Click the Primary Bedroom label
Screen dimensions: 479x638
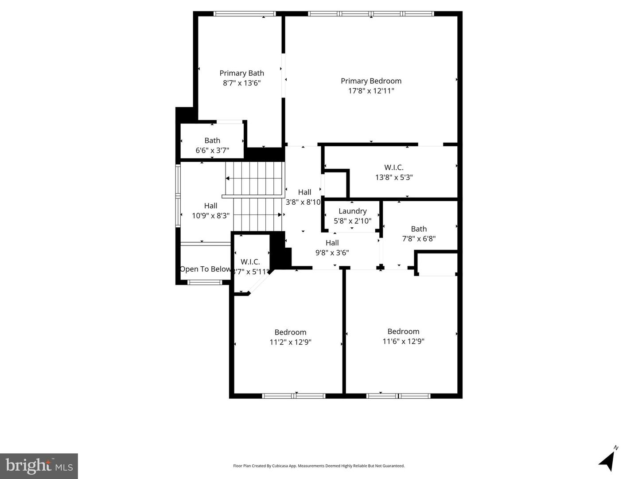pos(371,81)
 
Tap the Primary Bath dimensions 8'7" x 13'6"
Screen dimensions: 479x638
pos(241,83)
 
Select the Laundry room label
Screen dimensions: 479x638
pos(352,211)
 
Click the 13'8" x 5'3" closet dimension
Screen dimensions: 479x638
pos(394,177)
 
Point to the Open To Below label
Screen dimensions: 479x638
pos(206,269)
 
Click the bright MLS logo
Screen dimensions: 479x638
pos(39,466)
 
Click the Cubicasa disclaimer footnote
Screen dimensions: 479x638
pos(319,466)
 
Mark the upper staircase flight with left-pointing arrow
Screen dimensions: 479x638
pos(254,179)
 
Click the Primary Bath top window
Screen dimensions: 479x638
pos(245,14)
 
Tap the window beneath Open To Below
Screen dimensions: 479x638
pos(205,282)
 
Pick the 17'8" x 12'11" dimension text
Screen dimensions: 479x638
pos(371,91)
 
